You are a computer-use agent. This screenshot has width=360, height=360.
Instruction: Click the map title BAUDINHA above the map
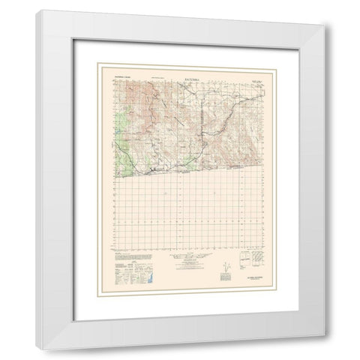pyautogui.click(x=182, y=73)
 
